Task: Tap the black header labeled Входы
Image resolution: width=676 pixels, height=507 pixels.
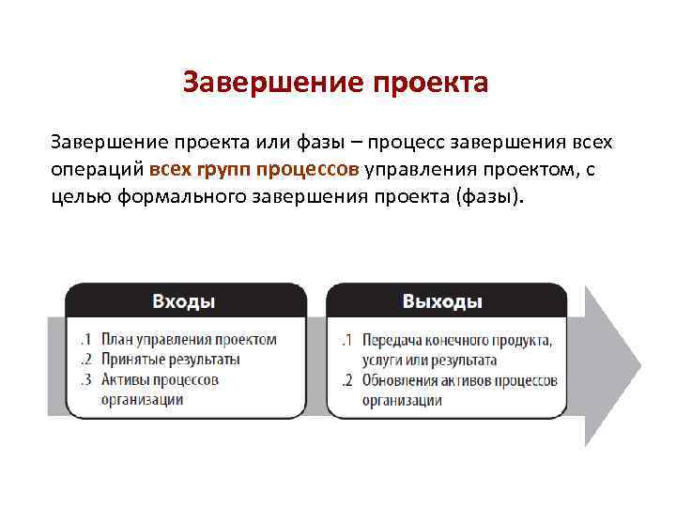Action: pos(184,301)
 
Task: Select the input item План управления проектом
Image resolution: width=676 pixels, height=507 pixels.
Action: pos(189,339)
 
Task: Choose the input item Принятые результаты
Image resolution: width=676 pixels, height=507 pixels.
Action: pos(171,359)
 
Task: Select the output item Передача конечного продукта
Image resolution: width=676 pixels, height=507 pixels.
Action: pos(456,339)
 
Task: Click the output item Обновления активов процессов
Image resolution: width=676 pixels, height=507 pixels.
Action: pos(459,380)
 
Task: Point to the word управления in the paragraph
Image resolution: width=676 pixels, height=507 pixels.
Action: pos(410,170)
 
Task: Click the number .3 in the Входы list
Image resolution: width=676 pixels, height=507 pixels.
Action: pos(85,379)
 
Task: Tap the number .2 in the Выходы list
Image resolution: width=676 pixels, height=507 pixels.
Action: pos(346,380)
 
